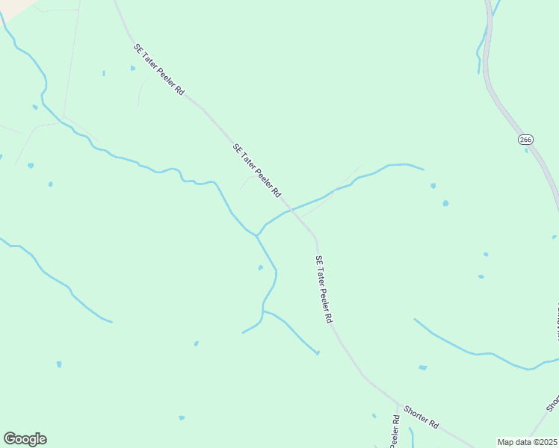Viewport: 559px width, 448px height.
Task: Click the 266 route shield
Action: [525, 140]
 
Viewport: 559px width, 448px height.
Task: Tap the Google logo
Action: [25, 439]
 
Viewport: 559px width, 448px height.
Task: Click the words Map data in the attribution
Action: [513, 442]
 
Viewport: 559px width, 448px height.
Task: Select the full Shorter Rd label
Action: [421, 416]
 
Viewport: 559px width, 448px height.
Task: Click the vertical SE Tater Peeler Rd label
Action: [323, 289]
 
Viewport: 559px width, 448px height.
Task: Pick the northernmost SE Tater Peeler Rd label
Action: [158, 69]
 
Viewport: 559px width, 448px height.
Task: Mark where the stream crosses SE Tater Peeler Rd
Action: [292, 210]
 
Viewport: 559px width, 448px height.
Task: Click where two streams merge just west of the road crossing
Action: [257, 235]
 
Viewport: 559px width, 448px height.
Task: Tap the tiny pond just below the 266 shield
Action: [526, 150]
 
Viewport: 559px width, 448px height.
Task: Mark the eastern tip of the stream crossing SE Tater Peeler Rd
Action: [423, 169]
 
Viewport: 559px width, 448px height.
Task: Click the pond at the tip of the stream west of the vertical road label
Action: [318, 352]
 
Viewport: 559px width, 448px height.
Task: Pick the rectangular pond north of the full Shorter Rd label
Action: [423, 367]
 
